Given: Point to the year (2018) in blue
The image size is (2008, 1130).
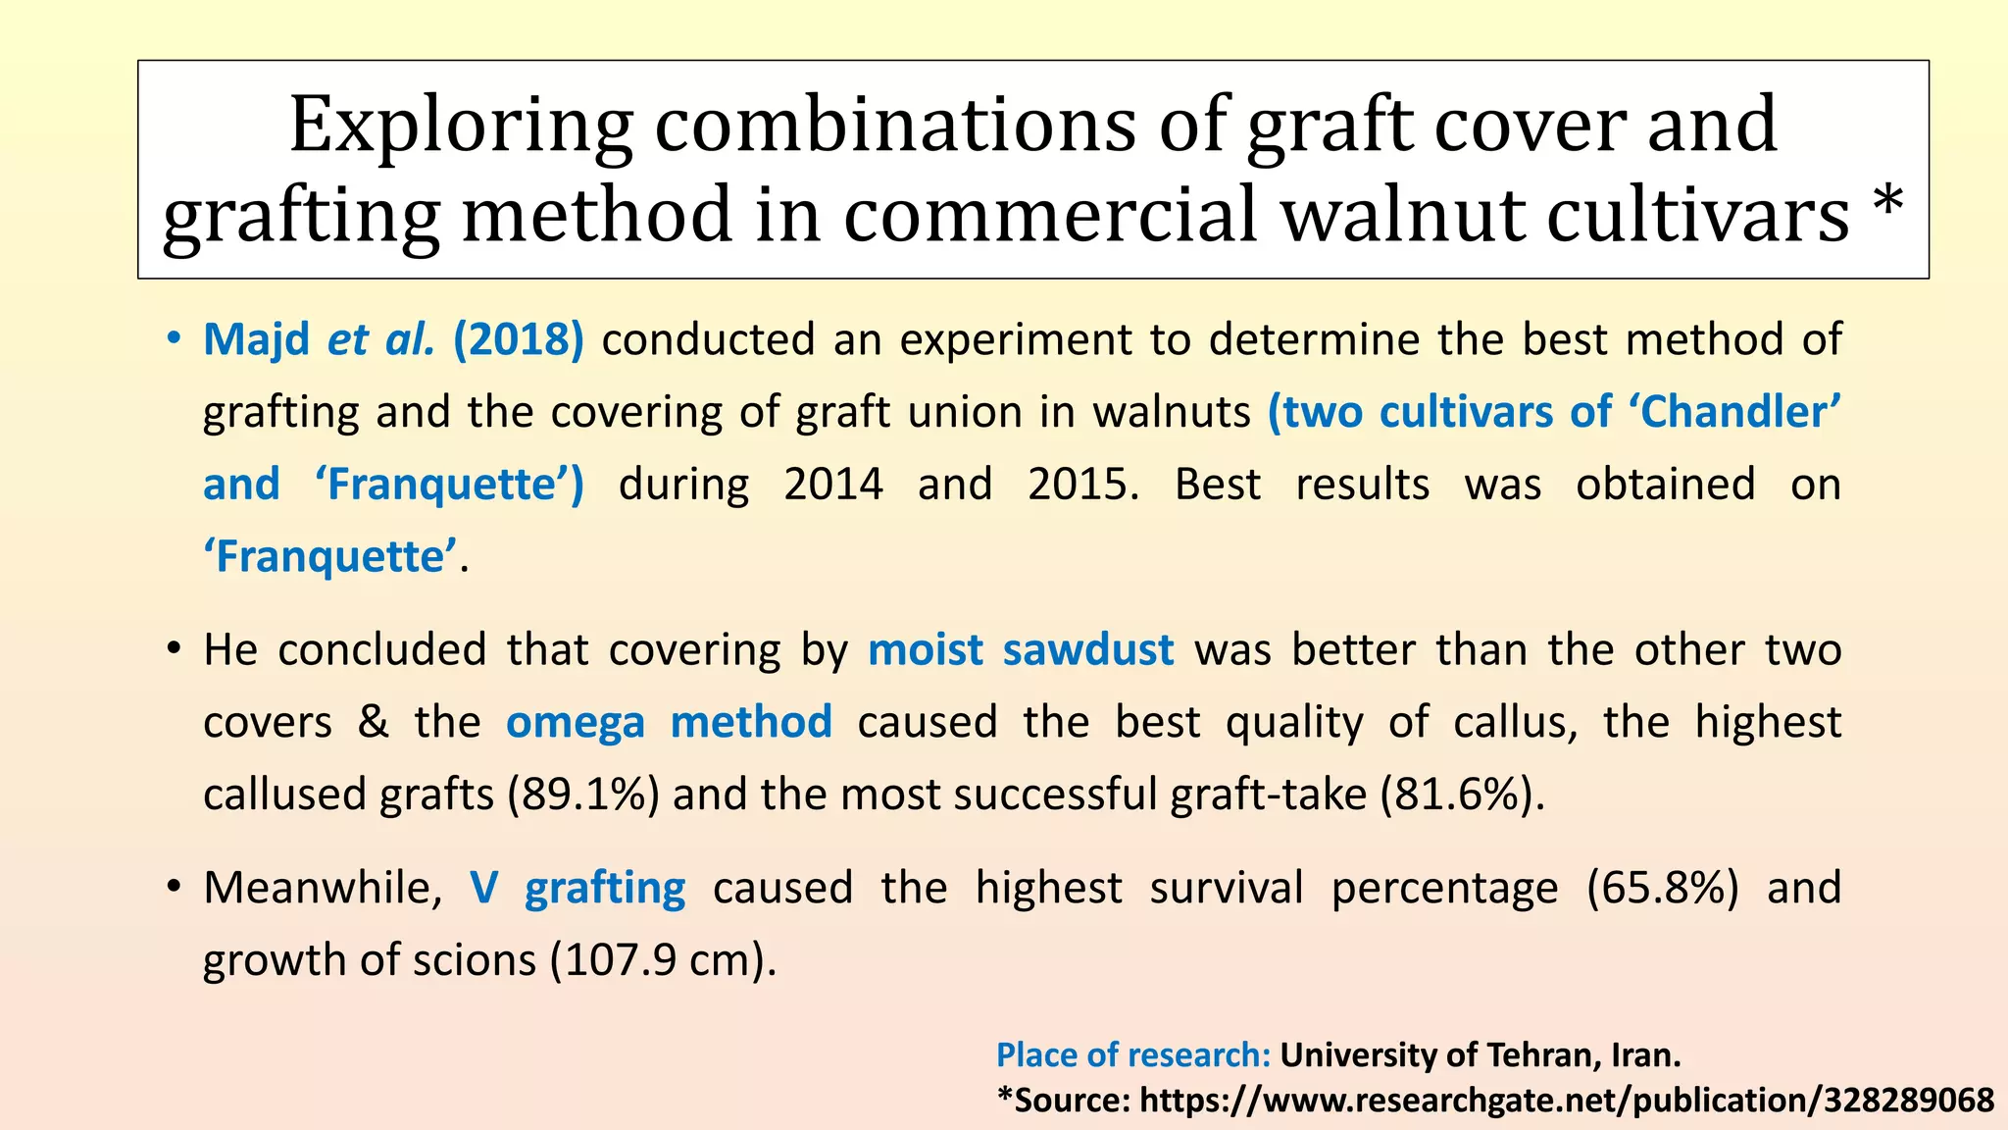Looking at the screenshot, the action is (519, 339).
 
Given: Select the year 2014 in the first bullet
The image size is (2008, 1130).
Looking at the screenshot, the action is (833, 485).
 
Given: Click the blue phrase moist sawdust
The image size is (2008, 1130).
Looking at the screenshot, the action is (1021, 650).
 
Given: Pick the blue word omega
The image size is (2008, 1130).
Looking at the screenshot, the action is (576, 724).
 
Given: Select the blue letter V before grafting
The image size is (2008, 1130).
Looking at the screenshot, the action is (484, 888).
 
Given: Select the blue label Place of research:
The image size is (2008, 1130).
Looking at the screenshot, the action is (1133, 1055).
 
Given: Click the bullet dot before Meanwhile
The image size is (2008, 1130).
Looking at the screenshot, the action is (174, 888).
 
